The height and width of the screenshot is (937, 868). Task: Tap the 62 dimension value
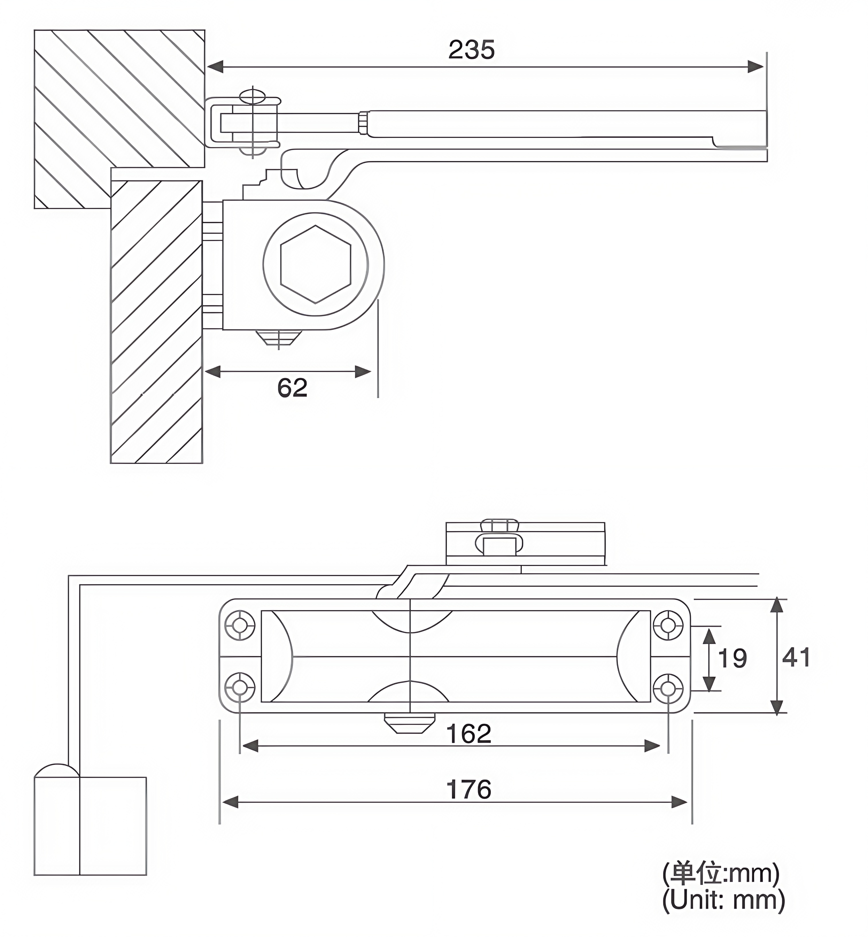click(292, 388)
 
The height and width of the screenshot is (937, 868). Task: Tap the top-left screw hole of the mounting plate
click(240, 626)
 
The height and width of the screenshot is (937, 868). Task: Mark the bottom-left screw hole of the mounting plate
click(240, 689)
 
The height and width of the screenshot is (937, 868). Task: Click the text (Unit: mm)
click(723, 900)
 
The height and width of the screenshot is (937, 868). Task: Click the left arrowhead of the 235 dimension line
click(215, 67)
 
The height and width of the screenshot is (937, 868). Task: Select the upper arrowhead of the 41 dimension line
click(777, 606)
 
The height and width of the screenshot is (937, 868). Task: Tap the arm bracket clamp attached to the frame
click(244, 123)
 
